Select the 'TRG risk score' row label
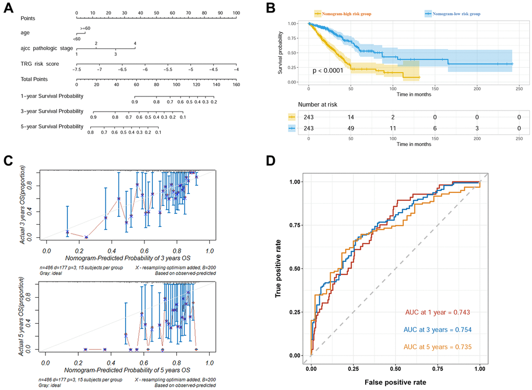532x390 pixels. [x=40, y=64]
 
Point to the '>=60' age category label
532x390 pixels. [x=85, y=27]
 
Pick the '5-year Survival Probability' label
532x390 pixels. [x=52, y=127]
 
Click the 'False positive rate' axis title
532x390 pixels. [x=396, y=382]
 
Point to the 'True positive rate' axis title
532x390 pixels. [x=280, y=268]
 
